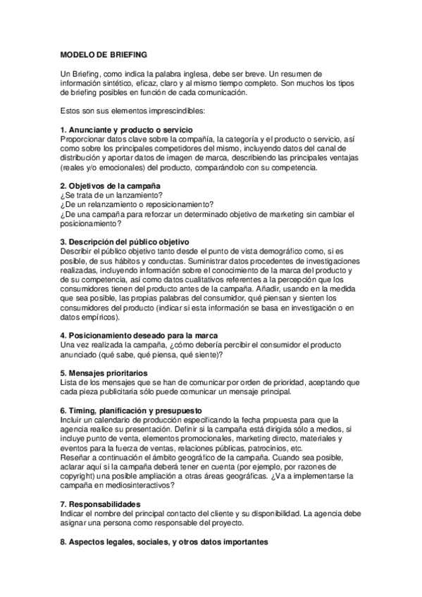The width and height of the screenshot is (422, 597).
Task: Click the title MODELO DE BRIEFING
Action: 104,54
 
